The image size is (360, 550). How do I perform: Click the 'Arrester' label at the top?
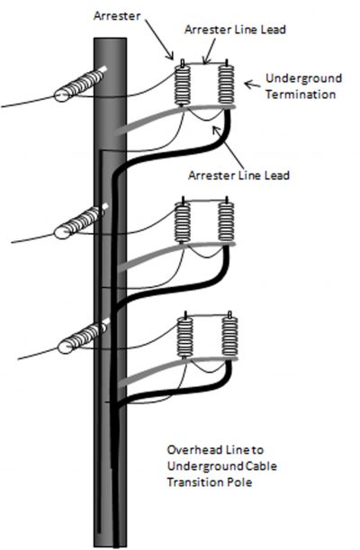coord(114,16)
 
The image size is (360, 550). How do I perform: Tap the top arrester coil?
coord(185,90)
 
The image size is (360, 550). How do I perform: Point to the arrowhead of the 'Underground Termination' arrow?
coord(239,80)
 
